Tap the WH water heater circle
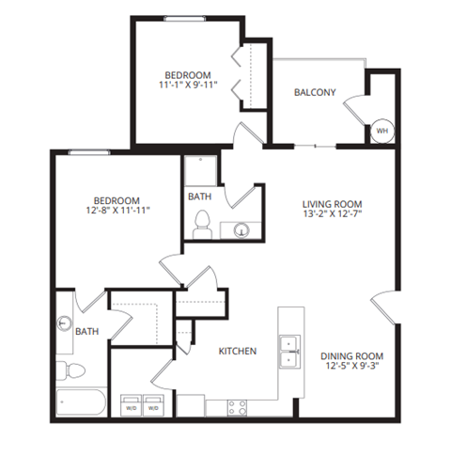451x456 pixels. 381,131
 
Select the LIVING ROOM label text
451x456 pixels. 331,204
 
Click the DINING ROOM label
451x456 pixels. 351,355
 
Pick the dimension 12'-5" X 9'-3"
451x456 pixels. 351,368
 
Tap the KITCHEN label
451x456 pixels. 239,351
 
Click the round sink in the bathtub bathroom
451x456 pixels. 65,322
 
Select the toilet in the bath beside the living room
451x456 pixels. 200,224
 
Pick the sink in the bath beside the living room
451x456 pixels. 241,228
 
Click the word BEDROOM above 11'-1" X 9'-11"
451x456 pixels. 188,75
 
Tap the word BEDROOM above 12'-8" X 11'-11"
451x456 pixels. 117,200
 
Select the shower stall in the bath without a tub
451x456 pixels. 199,171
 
